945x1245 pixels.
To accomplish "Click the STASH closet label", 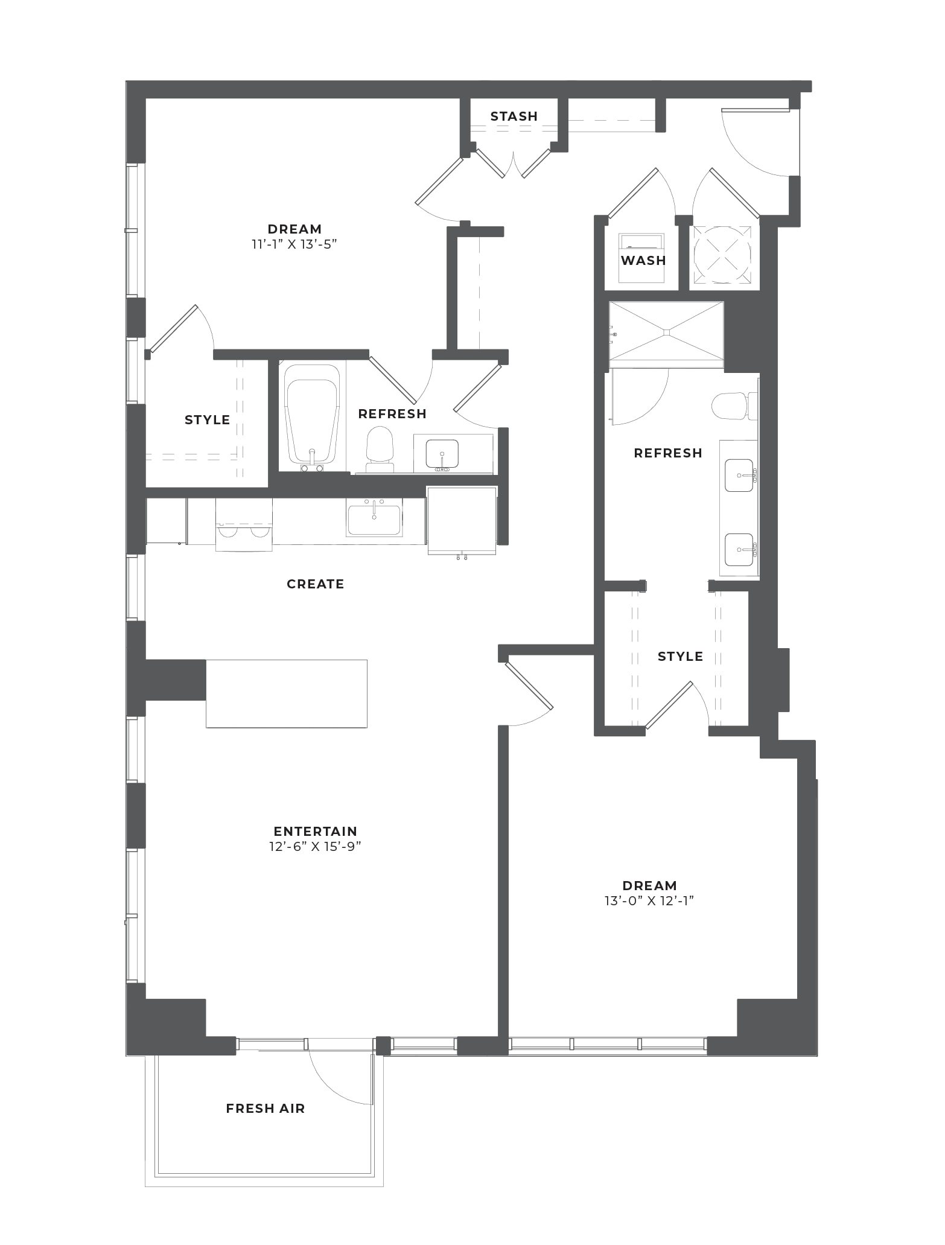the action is (x=514, y=116).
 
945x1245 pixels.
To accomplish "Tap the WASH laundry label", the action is (x=643, y=260).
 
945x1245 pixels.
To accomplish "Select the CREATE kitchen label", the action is (x=315, y=584).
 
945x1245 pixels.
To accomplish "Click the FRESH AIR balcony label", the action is (x=266, y=1108).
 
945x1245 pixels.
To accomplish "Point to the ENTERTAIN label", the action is (x=315, y=831).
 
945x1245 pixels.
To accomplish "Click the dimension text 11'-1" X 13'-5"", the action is (x=294, y=244).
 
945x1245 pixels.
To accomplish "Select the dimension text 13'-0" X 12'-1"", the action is (x=649, y=901).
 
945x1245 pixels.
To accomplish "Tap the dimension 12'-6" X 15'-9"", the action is (x=315, y=846).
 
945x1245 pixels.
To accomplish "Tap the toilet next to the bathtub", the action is (x=380, y=449).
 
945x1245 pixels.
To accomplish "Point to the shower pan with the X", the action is (x=666, y=334).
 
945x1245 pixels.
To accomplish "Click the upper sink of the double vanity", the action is (x=740, y=475).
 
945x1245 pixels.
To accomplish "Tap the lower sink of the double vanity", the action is (x=740, y=549).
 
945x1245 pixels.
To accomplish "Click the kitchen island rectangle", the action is (x=287, y=693).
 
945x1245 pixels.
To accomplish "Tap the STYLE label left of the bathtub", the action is (x=207, y=419).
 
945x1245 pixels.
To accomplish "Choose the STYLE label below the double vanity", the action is (x=680, y=656).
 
